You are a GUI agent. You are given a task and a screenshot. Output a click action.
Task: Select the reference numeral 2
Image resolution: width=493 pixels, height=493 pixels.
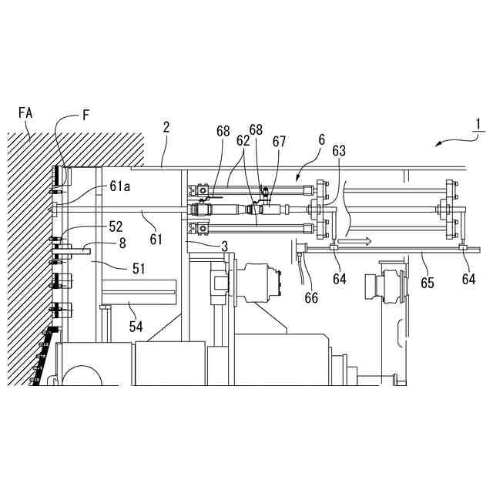pos(166,127)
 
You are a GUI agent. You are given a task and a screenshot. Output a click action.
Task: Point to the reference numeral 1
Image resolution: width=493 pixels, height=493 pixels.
pos(478,123)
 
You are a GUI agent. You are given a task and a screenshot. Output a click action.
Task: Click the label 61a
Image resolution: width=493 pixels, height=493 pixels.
pos(121,186)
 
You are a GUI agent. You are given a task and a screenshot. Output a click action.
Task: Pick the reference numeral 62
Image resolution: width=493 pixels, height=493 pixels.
pos(243,141)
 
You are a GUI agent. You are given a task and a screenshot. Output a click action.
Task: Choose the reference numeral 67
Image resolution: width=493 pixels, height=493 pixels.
pos(279,141)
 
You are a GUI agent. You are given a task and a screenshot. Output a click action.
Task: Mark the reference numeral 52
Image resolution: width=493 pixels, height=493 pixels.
pos(116,226)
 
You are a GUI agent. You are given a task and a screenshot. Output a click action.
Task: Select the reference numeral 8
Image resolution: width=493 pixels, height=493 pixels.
pos(121,243)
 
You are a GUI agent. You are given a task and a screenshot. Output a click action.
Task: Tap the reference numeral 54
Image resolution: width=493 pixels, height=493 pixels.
pos(136,327)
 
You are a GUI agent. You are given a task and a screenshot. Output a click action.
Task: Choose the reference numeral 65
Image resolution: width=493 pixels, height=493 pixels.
pos(428,283)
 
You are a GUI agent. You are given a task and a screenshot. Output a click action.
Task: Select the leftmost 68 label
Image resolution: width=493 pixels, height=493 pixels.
pos(223,131)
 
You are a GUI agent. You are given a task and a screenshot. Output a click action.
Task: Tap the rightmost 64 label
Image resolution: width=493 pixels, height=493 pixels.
pos(468,280)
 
